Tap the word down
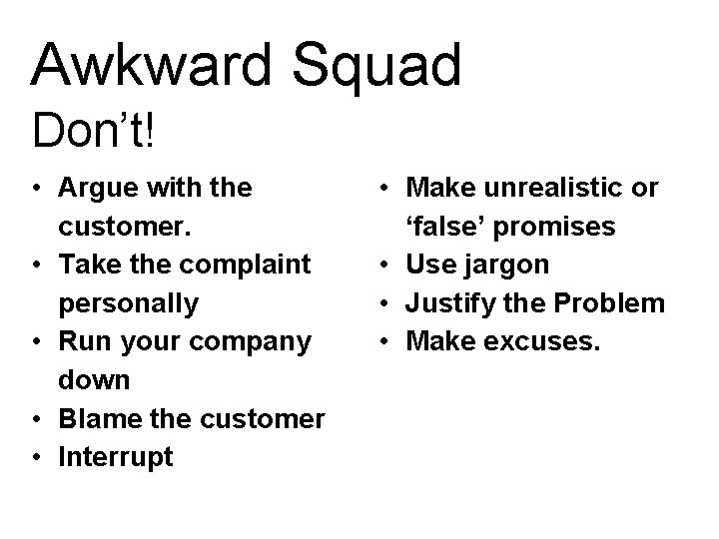[95, 379]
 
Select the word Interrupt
[116, 457]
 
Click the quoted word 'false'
[443, 227]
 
